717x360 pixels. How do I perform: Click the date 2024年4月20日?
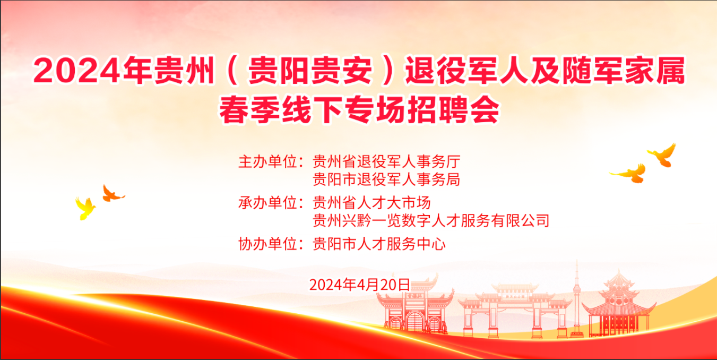[x=359, y=285]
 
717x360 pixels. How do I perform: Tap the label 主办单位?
[x=268, y=161]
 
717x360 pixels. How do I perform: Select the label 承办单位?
[x=268, y=202]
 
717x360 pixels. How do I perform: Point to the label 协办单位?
[x=268, y=244]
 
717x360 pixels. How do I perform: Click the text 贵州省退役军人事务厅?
[x=387, y=161]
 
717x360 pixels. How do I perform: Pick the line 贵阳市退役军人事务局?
[x=387, y=179]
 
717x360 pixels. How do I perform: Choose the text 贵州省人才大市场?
[x=372, y=202]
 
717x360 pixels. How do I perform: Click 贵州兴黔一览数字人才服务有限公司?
[x=431, y=220]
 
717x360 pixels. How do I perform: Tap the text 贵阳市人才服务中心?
[x=379, y=244]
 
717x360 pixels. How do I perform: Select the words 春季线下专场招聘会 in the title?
[x=359, y=109]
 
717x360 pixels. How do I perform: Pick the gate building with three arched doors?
[x=415, y=307]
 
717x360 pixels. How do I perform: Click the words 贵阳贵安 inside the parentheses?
[x=310, y=71]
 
